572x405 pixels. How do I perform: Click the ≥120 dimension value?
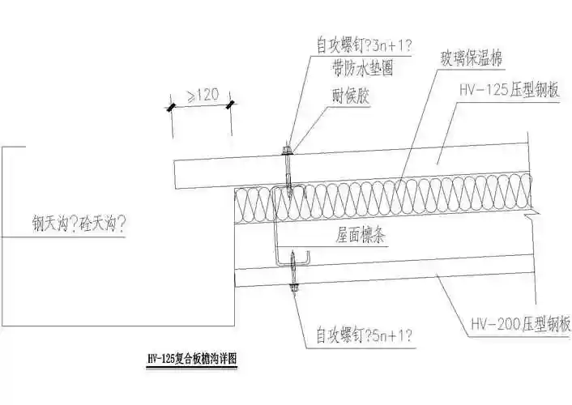(200, 96)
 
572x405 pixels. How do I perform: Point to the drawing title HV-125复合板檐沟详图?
(193, 357)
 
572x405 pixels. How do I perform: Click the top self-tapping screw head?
(287, 151)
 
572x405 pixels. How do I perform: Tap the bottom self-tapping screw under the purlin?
(293, 283)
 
